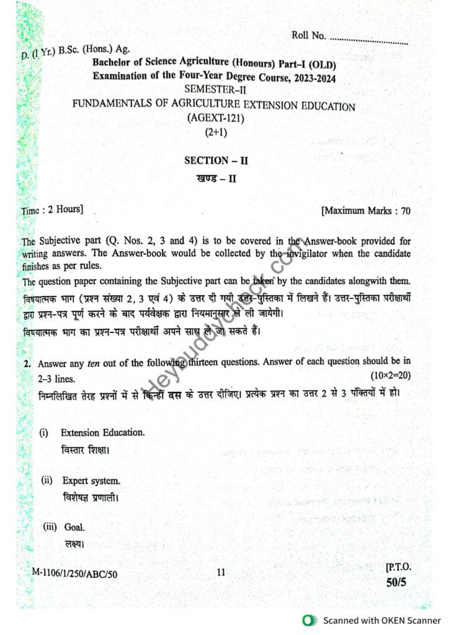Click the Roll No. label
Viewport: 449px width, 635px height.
pyautogui.click(x=309, y=35)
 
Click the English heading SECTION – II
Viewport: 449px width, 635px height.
pyautogui.click(x=216, y=160)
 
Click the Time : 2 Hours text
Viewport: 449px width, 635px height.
pyautogui.click(x=52, y=210)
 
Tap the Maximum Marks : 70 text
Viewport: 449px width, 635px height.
pyautogui.click(x=366, y=211)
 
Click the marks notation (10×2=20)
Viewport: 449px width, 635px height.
pyautogui.click(x=391, y=376)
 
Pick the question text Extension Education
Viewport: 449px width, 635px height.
pyautogui.click(x=102, y=432)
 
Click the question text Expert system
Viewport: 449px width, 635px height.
pyautogui.click(x=91, y=481)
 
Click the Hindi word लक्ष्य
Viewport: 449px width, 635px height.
pyautogui.click(x=74, y=544)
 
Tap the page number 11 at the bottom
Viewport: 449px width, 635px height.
pyautogui.click(x=221, y=573)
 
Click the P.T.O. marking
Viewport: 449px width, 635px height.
pyautogui.click(x=398, y=567)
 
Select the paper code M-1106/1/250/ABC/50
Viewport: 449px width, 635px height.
pyautogui.click(x=74, y=574)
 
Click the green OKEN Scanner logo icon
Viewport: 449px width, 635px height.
pyautogui.click(x=308, y=620)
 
